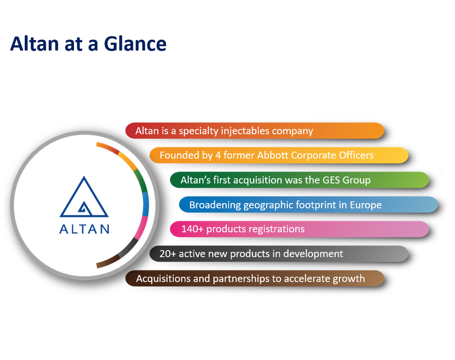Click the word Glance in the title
pyautogui.click(x=135, y=44)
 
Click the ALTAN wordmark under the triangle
pyautogui.click(x=84, y=229)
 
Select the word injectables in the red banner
pyautogui.click(x=245, y=131)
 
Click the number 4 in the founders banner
pyautogui.click(x=218, y=155)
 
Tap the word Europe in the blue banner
pyautogui.click(x=366, y=205)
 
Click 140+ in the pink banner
pyautogui.click(x=192, y=229)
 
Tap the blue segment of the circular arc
pyautogui.click(x=146, y=204)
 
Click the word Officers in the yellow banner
pyautogui.click(x=356, y=155)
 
